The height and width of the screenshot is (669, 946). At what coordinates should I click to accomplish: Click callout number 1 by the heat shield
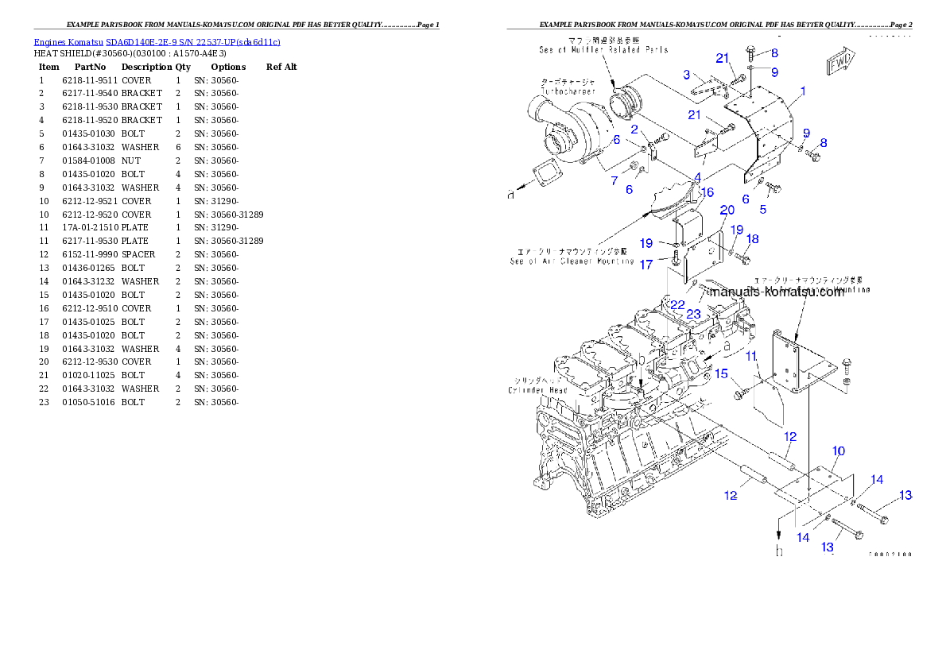(x=802, y=91)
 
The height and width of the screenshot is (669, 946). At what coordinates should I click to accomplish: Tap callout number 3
(x=686, y=75)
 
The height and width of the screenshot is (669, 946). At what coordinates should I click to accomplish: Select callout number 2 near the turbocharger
(x=634, y=130)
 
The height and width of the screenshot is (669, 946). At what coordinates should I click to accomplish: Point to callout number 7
(x=614, y=181)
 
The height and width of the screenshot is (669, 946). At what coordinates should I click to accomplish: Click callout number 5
(x=762, y=210)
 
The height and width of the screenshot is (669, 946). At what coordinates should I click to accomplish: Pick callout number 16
(x=707, y=192)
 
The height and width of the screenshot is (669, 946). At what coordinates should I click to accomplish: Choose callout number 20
(x=727, y=210)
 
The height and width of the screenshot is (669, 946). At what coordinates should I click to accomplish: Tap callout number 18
(x=752, y=238)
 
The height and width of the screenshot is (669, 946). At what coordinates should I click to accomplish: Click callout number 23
(x=693, y=314)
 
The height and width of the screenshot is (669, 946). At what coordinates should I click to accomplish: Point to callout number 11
(x=750, y=356)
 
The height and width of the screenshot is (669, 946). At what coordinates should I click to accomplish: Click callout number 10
(x=838, y=451)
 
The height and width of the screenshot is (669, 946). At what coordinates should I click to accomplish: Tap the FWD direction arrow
(x=839, y=63)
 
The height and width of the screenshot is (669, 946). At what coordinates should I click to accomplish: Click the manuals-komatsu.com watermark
(x=777, y=292)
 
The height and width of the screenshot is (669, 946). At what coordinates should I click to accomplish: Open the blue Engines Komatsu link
(x=157, y=42)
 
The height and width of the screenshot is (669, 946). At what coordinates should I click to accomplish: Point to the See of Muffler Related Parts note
(x=603, y=49)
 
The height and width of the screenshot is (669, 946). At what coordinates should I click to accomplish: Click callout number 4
(x=696, y=176)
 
